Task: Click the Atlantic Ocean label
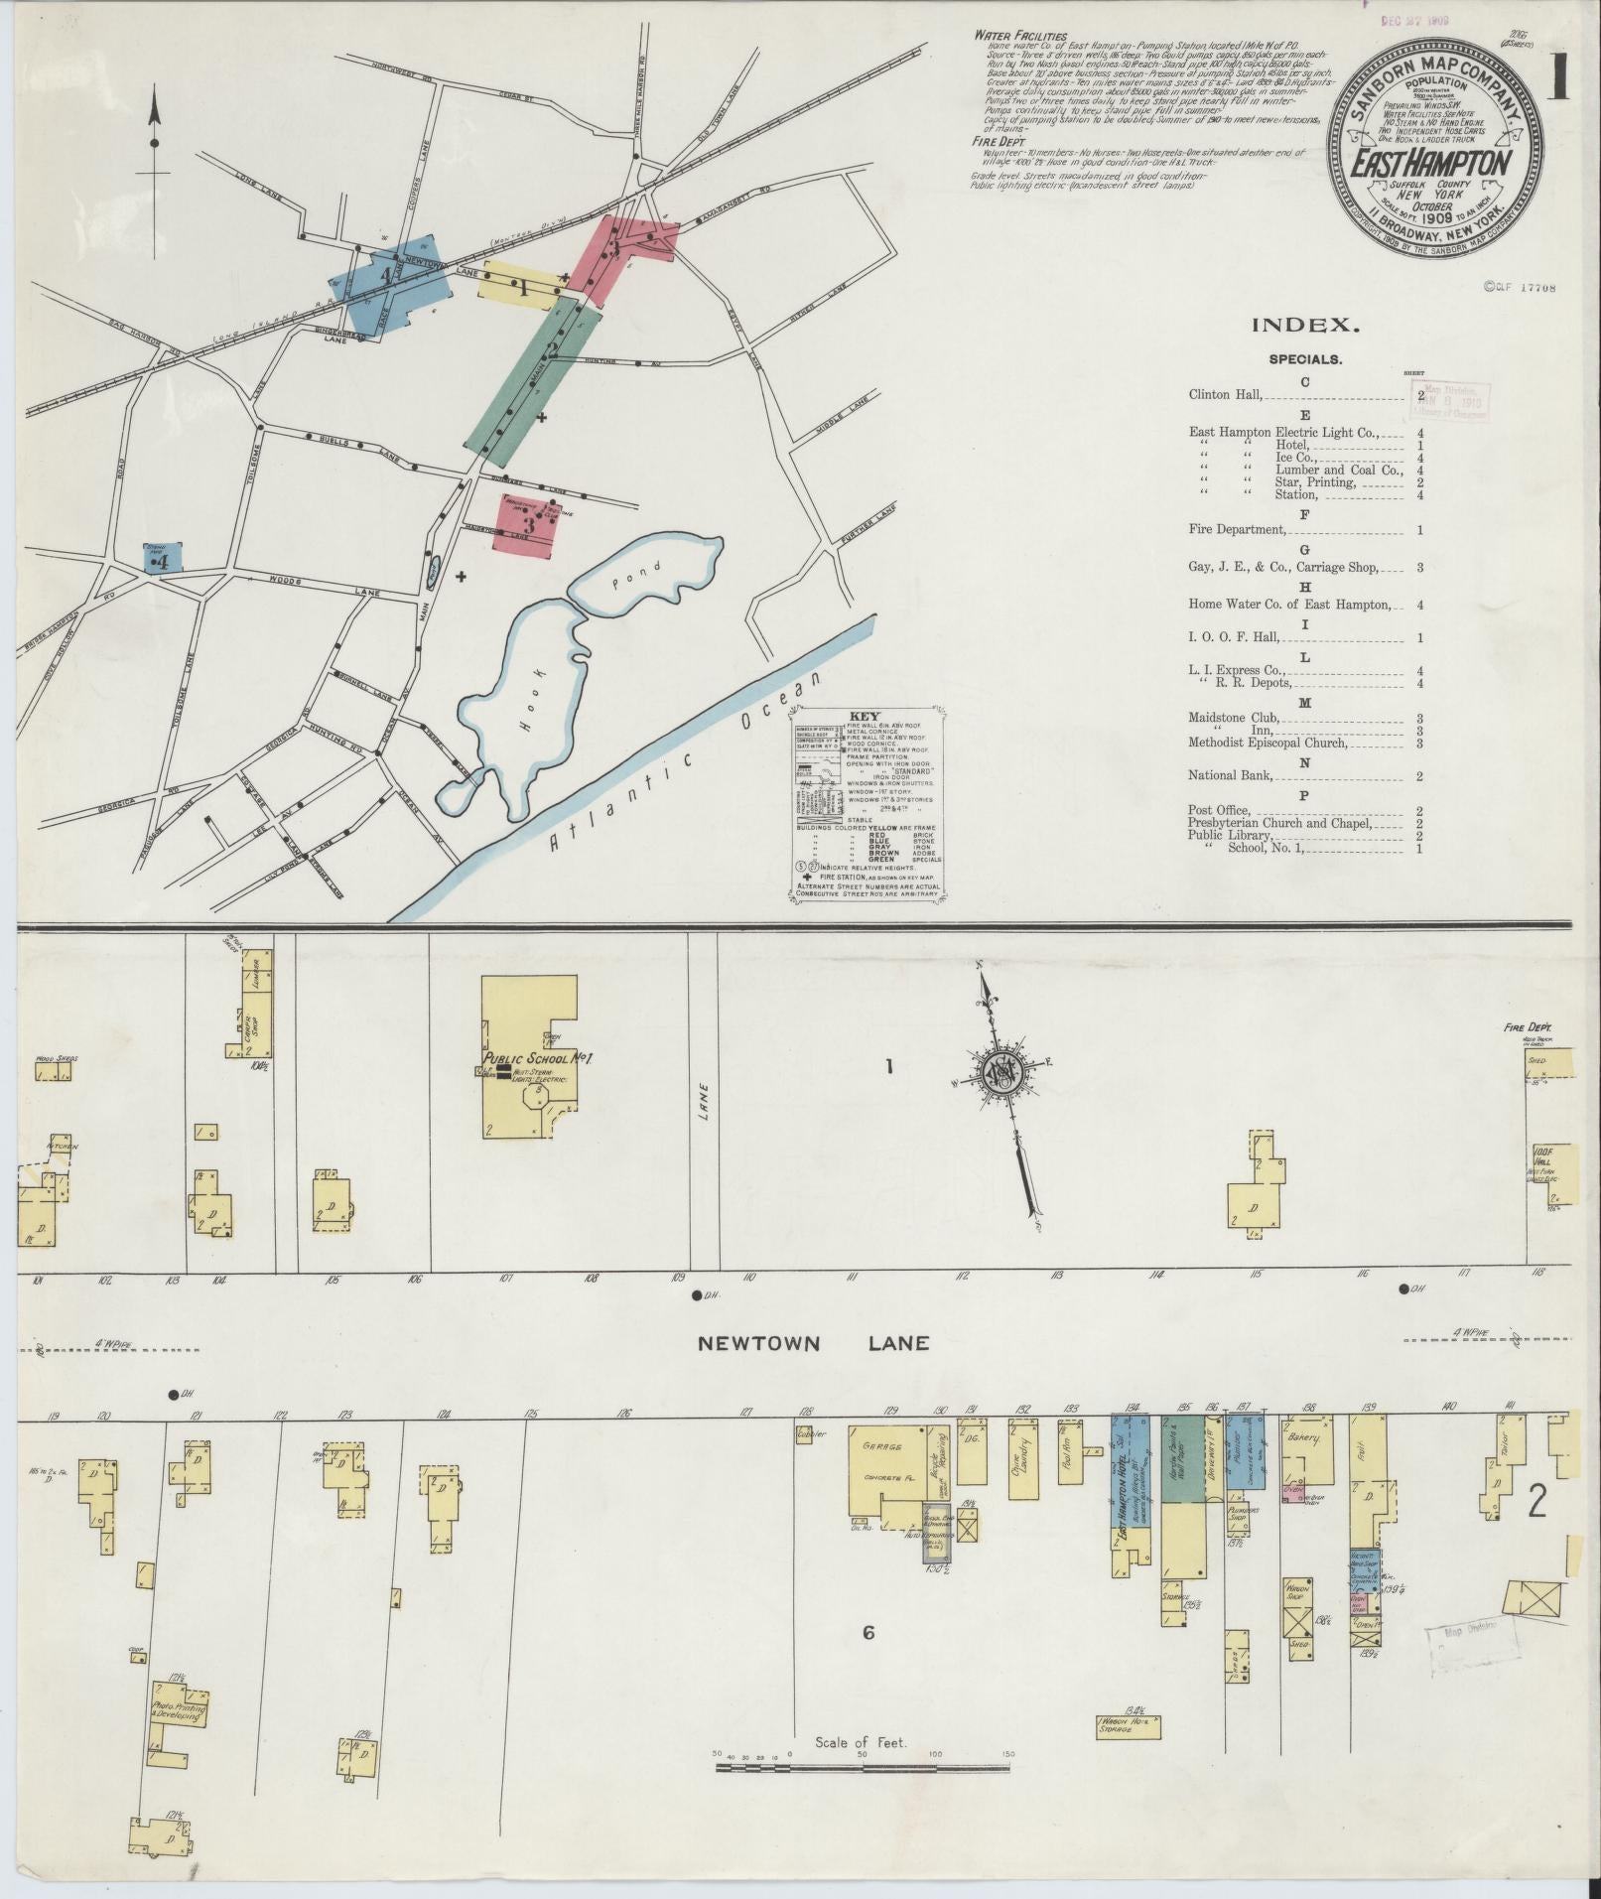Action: [686, 764]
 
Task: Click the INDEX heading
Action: [1304, 325]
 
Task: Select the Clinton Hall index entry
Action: [1226, 394]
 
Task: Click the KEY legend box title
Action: [865, 716]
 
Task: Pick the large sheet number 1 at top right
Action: [1559, 75]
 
